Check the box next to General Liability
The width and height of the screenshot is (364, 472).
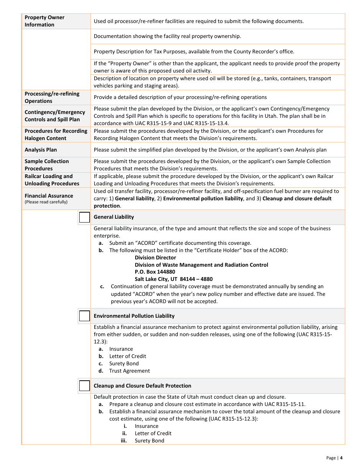pyautogui.click(x=84, y=218)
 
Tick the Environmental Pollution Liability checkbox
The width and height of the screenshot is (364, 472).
pyautogui.click(x=84, y=316)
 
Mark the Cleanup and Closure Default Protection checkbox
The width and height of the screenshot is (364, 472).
pyautogui.click(x=84, y=386)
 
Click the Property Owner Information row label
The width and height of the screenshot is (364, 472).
pyautogui.click(x=45, y=21)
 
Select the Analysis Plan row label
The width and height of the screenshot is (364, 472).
pyautogui.click(x=41, y=150)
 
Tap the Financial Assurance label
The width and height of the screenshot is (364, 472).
pyautogui.click(x=49, y=196)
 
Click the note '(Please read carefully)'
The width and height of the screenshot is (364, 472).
pyautogui.click(x=46, y=202)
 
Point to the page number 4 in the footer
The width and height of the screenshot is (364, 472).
pyautogui.click(x=341, y=458)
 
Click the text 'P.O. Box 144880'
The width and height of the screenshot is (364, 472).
pyautogui.click(x=155, y=272)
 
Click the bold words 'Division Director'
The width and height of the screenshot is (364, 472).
pyautogui.click(x=155, y=257)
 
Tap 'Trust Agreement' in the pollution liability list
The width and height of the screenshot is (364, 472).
pyautogui.click(x=130, y=371)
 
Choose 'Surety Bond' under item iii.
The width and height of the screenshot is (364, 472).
pyautogui.click(x=149, y=441)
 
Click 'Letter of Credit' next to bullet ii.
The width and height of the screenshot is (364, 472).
pyautogui.click(x=153, y=433)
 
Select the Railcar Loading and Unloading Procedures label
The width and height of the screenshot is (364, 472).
pyautogui.click(x=52, y=180)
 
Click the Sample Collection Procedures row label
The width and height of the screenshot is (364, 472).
pyautogui.click(x=47, y=165)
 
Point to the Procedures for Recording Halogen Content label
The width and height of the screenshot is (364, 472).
pyautogui.click(x=56, y=135)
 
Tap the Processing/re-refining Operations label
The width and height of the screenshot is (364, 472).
pyautogui.click(x=52, y=97)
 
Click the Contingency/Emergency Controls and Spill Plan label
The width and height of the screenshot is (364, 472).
pyautogui.click(x=55, y=116)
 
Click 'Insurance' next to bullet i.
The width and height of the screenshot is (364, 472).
pyautogui.click(x=146, y=426)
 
